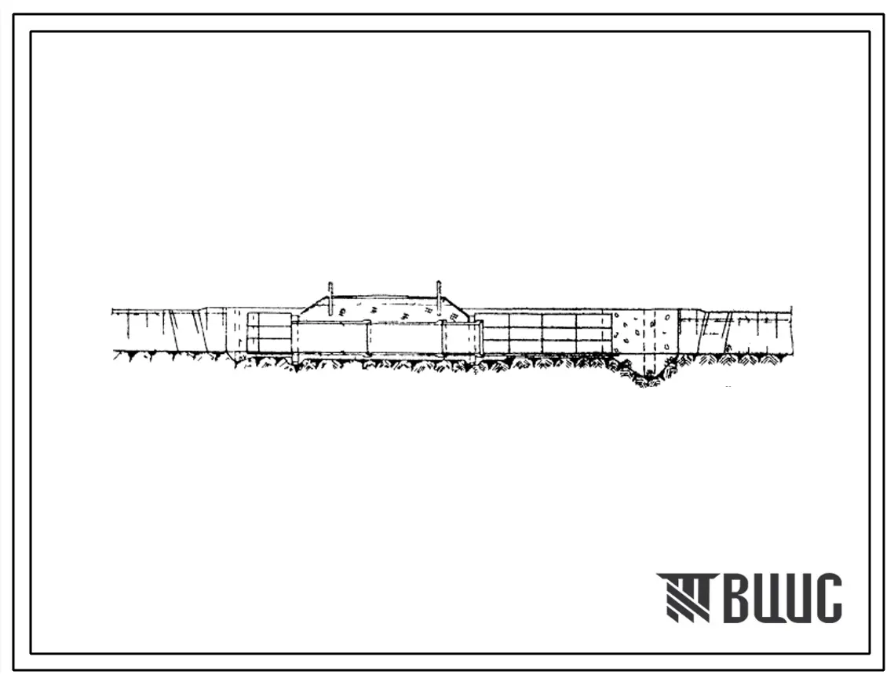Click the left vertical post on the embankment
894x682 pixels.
pos(330,297)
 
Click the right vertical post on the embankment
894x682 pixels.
pos(439,297)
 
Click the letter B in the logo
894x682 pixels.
pos(741,597)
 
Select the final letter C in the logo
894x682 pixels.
pos(826,597)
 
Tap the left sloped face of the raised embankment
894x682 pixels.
pos(314,305)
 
